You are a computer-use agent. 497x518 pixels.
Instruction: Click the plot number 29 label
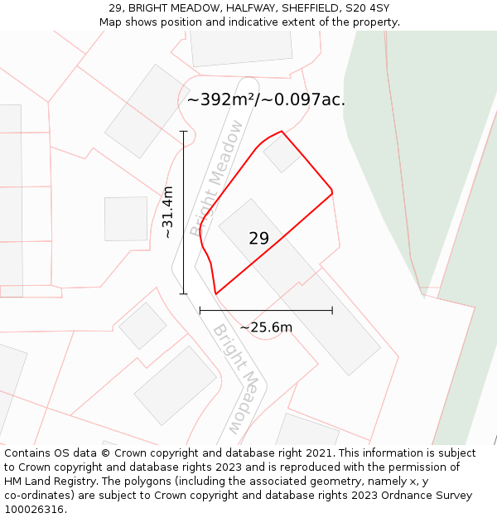(258, 239)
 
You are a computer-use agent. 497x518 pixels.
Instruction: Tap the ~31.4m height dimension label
(167, 212)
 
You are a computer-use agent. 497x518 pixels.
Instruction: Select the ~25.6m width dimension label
(266, 327)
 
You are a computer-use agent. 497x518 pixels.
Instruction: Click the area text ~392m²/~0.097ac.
(266, 100)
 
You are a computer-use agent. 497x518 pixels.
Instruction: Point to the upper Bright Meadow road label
(217, 178)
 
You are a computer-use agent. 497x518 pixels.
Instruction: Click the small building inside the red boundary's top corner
(282, 154)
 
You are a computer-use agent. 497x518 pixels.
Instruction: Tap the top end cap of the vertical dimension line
(184, 131)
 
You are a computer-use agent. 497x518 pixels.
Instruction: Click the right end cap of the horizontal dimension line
(332, 311)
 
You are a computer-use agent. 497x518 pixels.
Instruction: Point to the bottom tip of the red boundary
(215, 294)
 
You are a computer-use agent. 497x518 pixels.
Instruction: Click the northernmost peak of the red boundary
(282, 131)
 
